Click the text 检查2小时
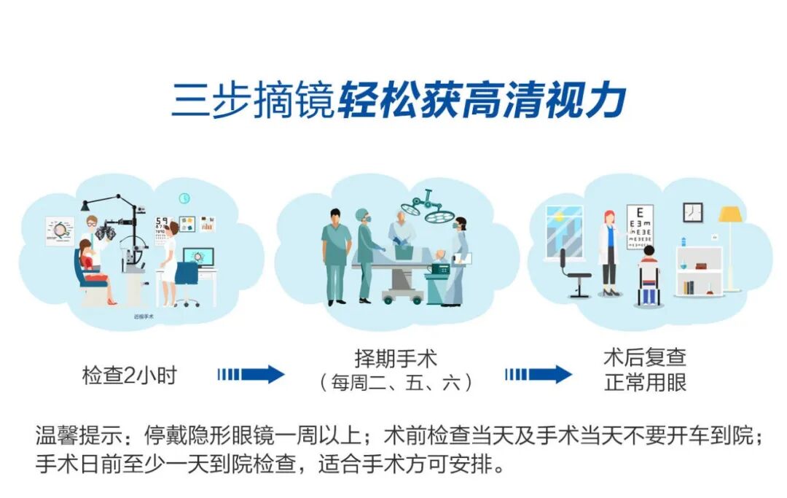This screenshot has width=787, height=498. [129, 376]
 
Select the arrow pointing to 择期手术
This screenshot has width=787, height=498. [251, 375]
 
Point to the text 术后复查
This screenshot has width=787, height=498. [645, 358]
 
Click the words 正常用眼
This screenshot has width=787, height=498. [645, 382]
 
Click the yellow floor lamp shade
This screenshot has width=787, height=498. [729, 214]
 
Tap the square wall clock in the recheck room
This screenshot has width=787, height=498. [693, 212]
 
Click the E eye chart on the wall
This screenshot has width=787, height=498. [641, 225]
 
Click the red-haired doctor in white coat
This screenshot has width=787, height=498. [608, 252]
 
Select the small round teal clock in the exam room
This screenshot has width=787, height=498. [184, 198]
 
